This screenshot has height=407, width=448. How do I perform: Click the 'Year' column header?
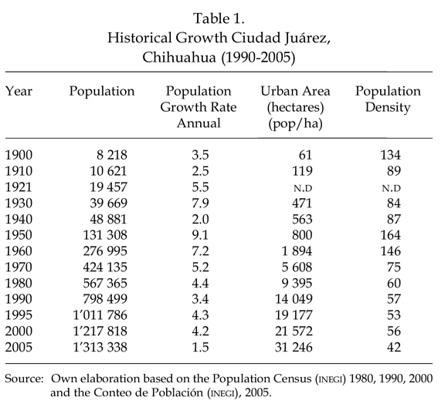coord(19,91)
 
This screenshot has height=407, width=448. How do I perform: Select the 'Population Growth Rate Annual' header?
coord(199,107)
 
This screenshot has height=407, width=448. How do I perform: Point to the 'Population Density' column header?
coord(388,99)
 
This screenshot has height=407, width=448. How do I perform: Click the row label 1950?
coord(19,235)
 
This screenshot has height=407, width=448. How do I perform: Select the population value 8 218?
coord(112,155)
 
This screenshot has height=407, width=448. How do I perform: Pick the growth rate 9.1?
coord(200,235)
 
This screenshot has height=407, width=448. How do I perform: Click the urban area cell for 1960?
coord(297,251)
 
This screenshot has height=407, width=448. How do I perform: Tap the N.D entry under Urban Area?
coord(303,188)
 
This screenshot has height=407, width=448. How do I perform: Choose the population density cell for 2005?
coord(394,347)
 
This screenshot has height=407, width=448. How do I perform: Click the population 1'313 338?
coord(100,347)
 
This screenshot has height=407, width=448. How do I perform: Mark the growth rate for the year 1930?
coord(200,203)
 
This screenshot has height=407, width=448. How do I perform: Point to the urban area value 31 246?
coord(294,347)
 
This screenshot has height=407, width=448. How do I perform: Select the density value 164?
coord(391,235)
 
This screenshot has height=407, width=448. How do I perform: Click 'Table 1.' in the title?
coord(219,18)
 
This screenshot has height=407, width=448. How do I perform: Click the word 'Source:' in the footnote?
coord(24,378)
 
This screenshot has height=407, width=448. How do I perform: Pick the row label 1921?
coord(19,187)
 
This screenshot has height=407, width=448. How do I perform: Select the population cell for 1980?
coord(105,283)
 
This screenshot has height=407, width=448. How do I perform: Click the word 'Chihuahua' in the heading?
coord(179,57)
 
